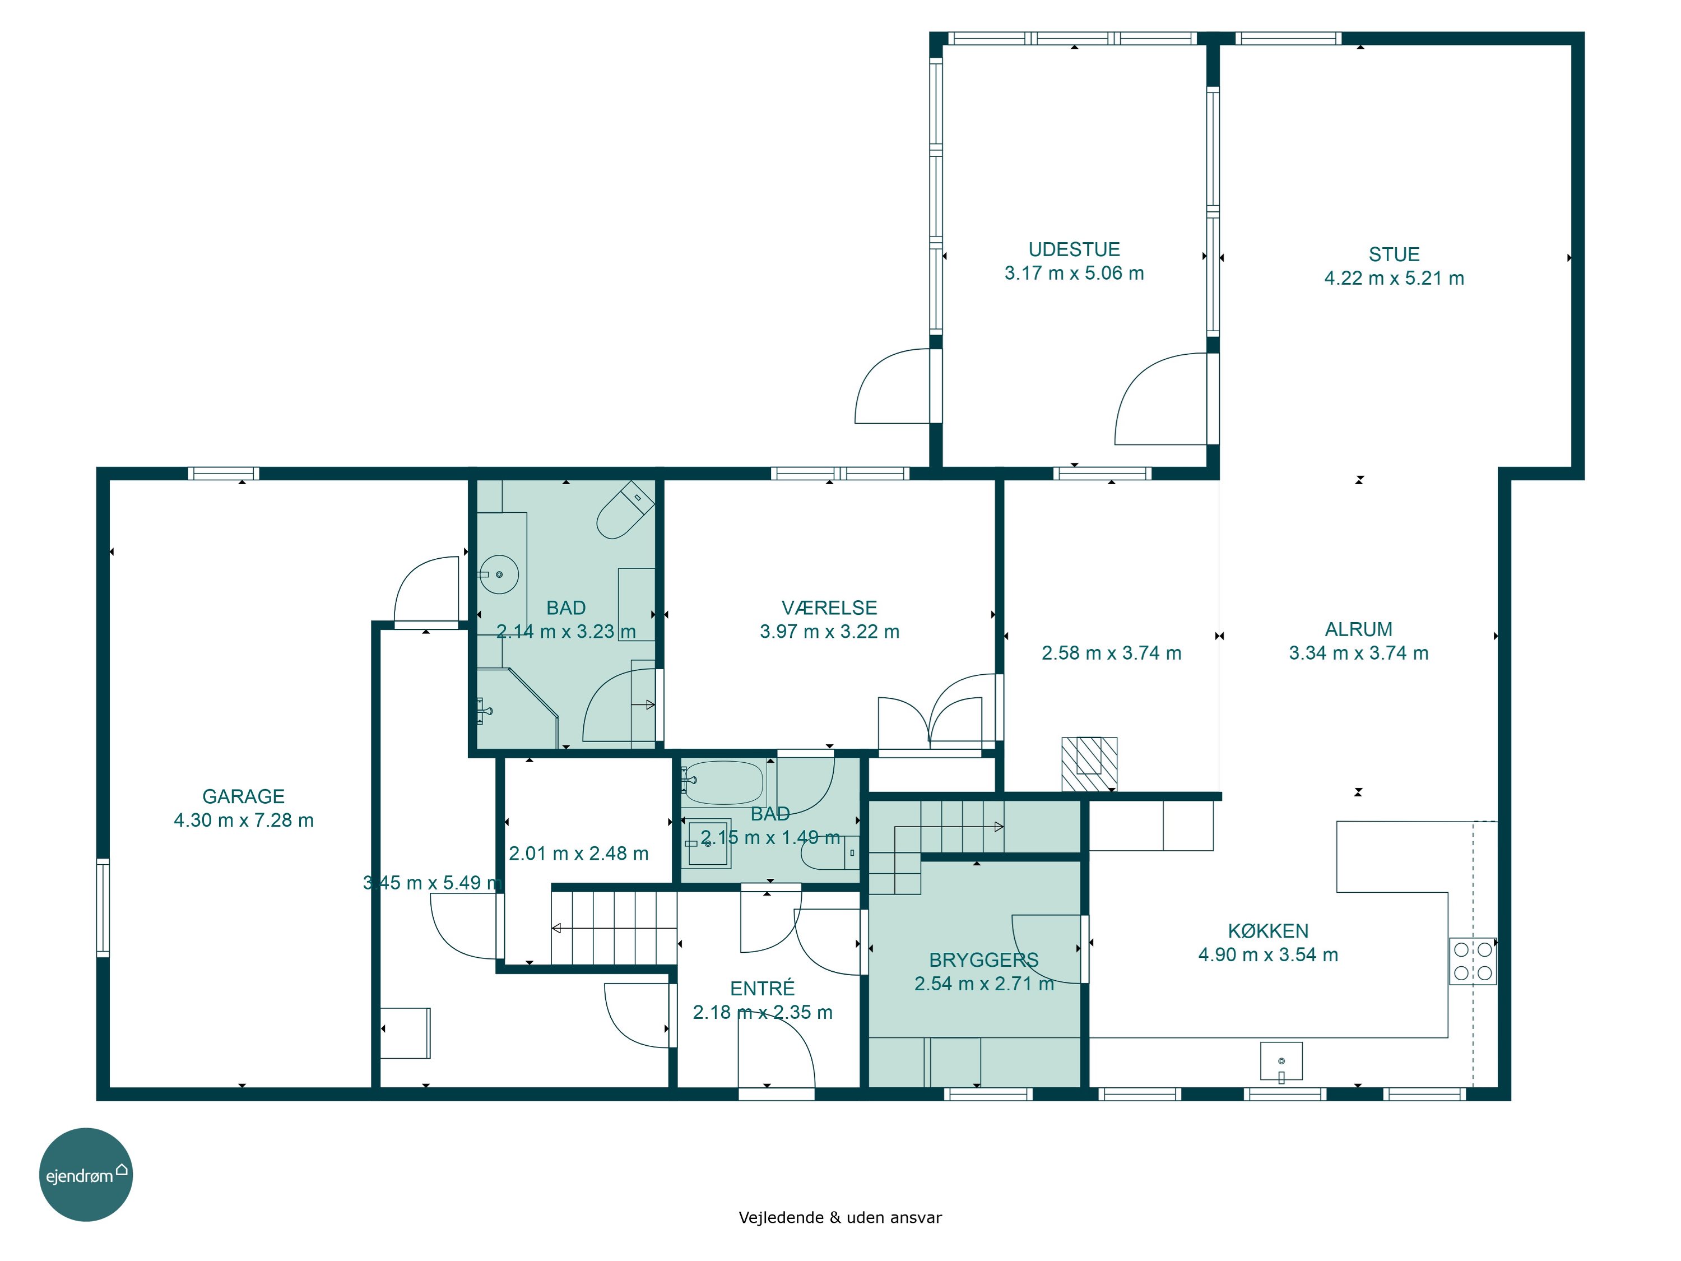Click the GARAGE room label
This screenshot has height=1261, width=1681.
click(x=243, y=796)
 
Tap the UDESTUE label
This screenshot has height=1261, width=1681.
click(x=1074, y=249)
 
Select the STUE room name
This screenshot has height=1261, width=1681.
click(x=1394, y=254)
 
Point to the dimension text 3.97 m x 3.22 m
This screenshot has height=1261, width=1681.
click(x=829, y=632)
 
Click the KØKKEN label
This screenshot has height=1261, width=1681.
click(x=1267, y=930)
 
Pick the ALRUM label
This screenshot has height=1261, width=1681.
click(x=1358, y=629)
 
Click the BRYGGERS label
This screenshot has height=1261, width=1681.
click(x=983, y=959)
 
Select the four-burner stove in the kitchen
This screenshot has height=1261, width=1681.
click(x=1473, y=961)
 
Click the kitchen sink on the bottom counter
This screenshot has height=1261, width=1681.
click(x=1281, y=1061)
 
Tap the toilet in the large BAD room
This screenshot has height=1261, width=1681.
click(x=625, y=509)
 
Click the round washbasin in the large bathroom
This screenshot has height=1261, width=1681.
click(x=499, y=574)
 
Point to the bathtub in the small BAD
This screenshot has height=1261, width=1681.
click(x=723, y=782)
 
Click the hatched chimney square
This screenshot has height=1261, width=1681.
click(x=1089, y=764)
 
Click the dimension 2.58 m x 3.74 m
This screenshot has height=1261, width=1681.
click(x=1111, y=653)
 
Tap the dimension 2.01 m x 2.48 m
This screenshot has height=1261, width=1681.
click(x=578, y=854)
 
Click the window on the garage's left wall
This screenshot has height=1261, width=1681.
click(x=103, y=907)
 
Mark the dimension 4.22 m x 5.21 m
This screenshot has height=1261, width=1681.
click(x=1394, y=278)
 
